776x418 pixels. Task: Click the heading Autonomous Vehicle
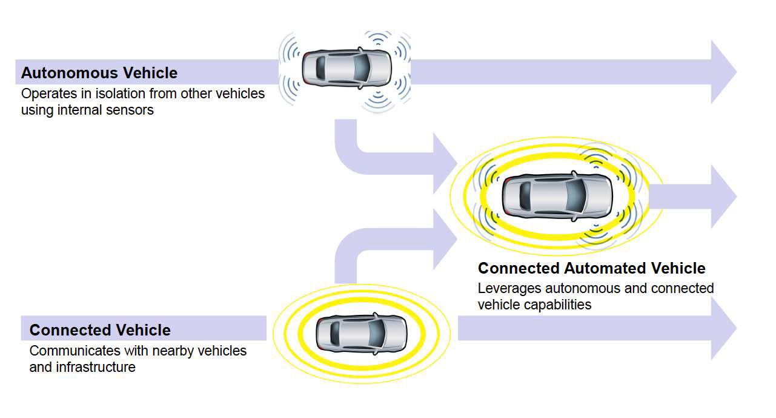(x=99, y=73)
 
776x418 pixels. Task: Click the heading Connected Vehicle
(x=100, y=330)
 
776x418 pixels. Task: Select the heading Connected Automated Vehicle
(x=591, y=268)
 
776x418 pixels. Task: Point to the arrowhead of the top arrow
(x=723, y=72)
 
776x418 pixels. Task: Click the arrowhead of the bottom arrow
(x=723, y=328)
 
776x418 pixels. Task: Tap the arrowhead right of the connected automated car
(x=723, y=197)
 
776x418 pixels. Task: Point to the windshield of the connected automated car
(x=576, y=195)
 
